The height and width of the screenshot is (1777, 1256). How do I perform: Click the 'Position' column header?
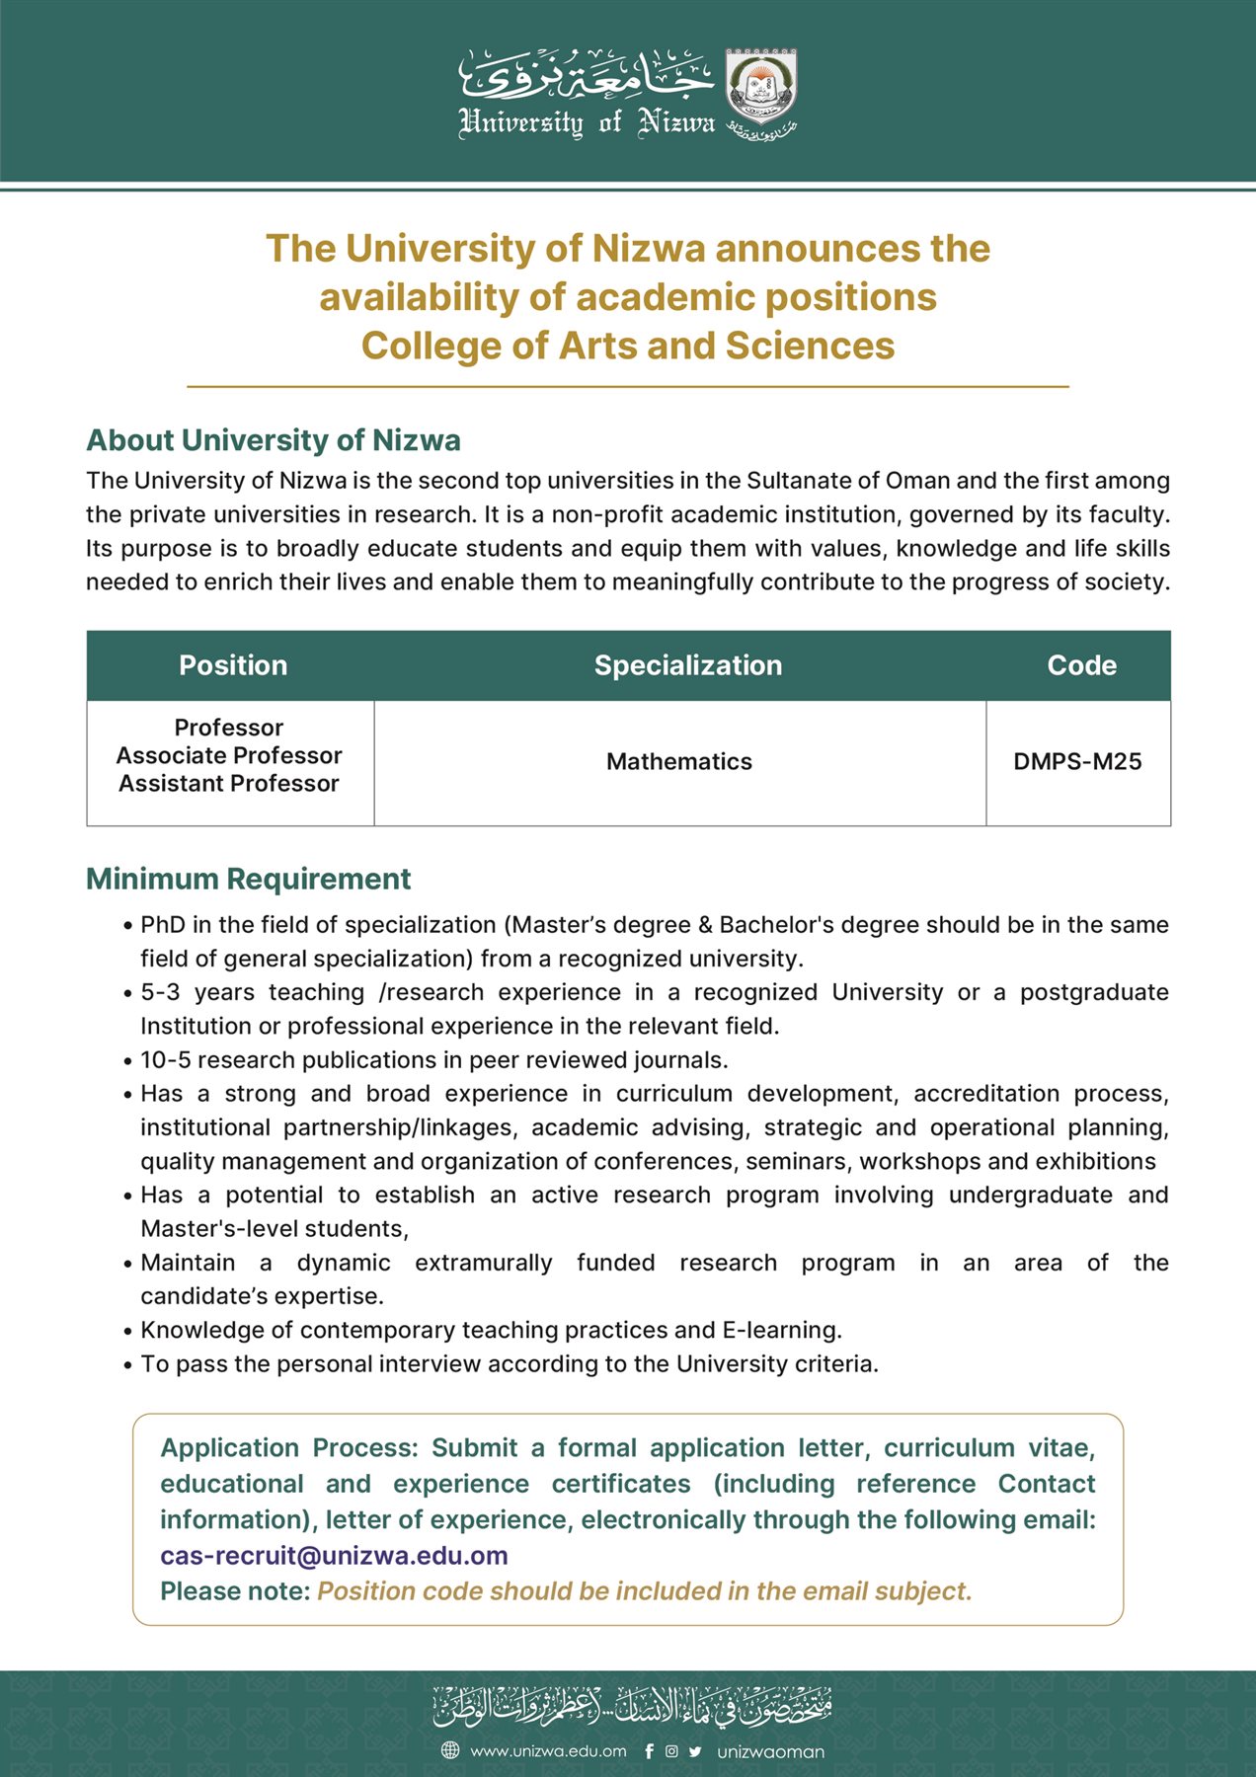(x=233, y=665)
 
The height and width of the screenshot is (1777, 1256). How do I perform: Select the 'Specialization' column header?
(x=687, y=665)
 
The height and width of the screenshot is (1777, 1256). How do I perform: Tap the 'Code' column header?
(x=1081, y=665)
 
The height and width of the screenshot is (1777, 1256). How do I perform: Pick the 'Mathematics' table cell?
(x=679, y=761)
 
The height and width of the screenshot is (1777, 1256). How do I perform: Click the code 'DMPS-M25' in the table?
(x=1077, y=761)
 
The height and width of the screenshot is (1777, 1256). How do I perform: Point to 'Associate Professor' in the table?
(x=229, y=755)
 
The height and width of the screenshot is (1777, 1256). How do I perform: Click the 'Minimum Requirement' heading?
(x=248, y=879)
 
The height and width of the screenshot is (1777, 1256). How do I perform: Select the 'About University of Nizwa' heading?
(x=274, y=439)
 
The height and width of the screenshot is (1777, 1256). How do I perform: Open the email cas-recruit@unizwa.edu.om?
(x=334, y=1556)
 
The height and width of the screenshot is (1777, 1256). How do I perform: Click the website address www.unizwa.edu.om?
(x=548, y=1751)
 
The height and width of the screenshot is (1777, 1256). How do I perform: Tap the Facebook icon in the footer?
(x=649, y=1751)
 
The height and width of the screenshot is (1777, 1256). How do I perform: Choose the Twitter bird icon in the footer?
(x=695, y=1751)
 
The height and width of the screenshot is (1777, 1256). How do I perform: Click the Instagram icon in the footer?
(x=671, y=1751)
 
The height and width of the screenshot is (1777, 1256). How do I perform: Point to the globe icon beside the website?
(x=450, y=1750)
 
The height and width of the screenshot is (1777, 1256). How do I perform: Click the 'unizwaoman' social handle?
(x=770, y=1751)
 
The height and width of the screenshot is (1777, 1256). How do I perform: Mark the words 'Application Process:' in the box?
(x=288, y=1448)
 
